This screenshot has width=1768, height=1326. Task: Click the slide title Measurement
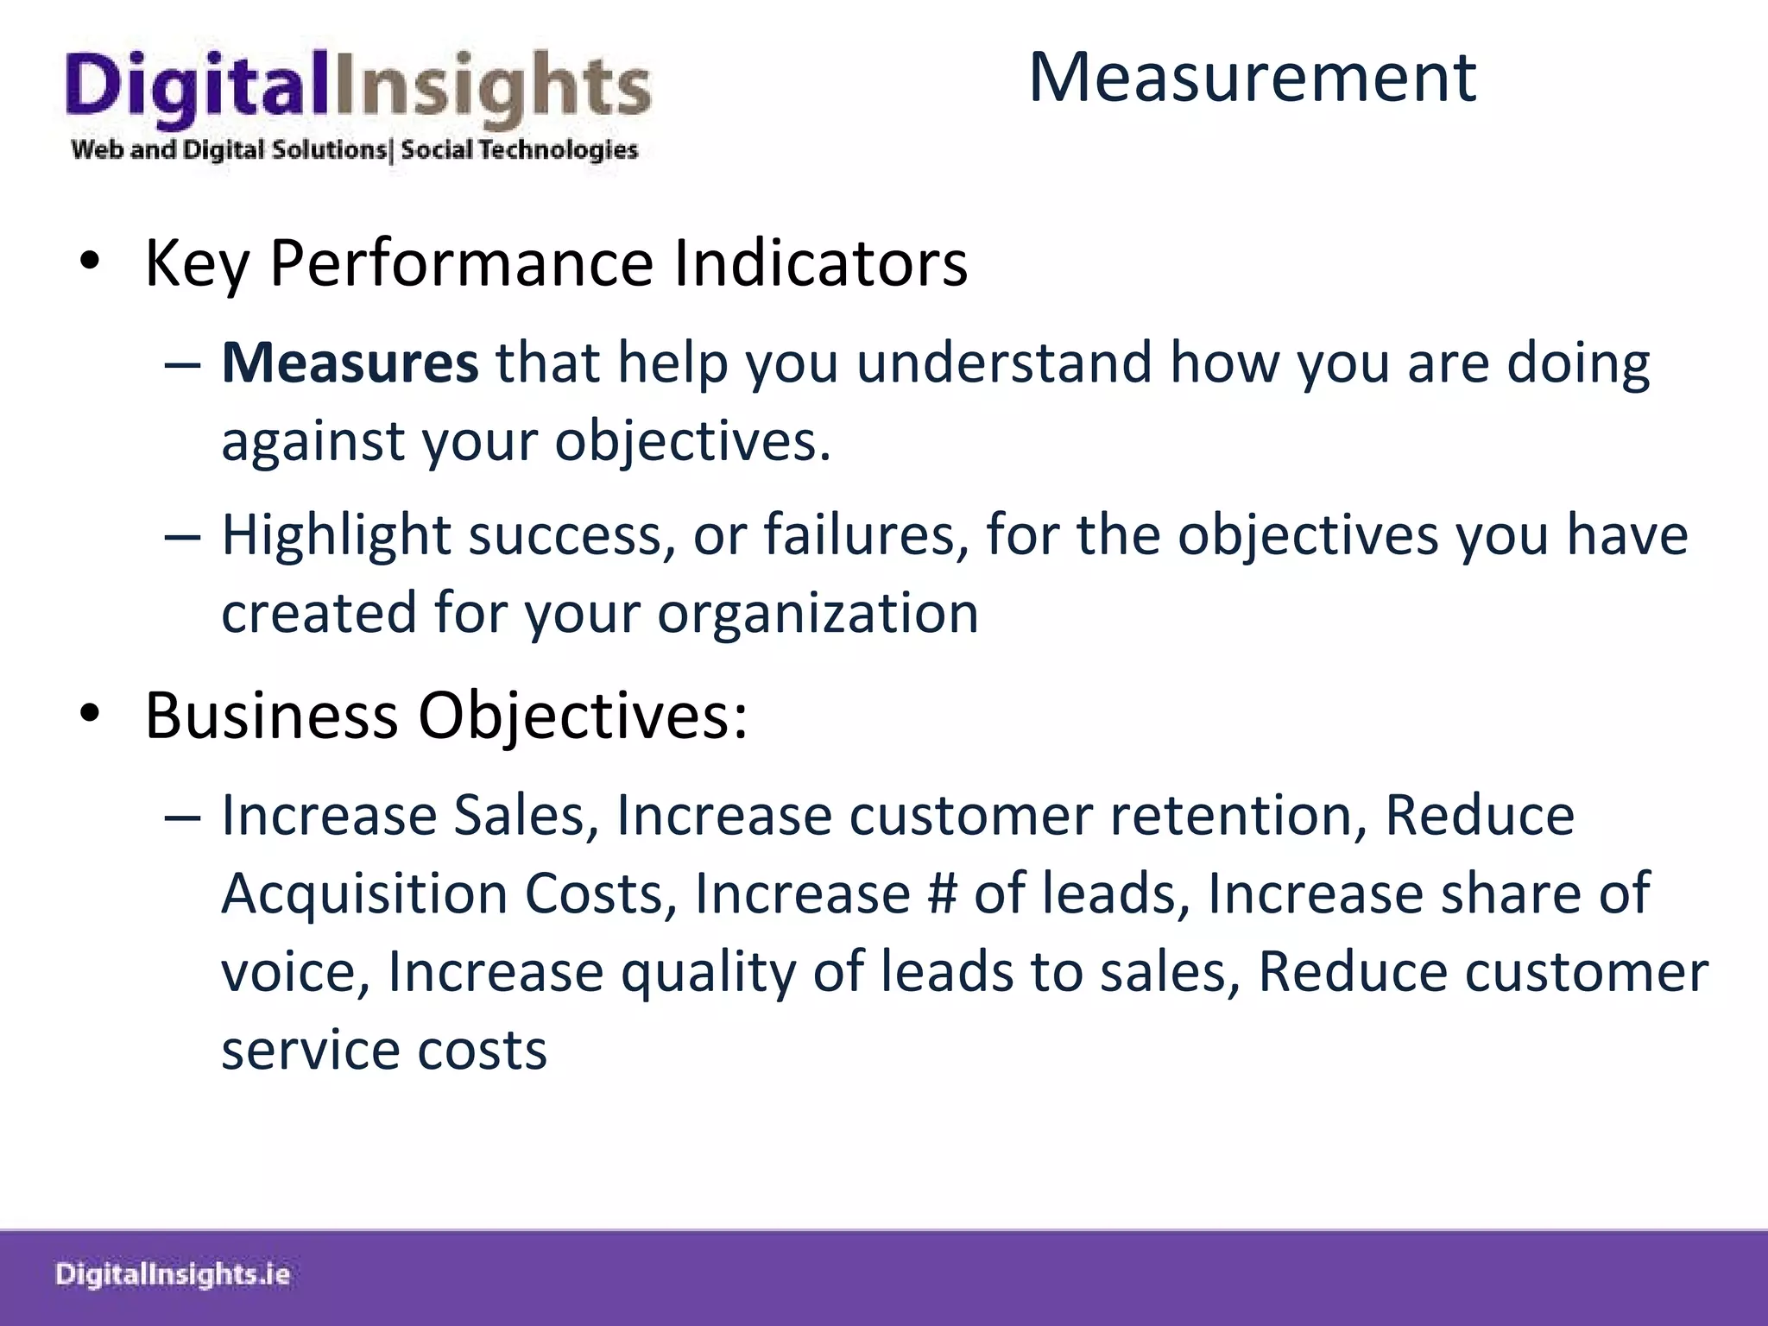[1252, 78]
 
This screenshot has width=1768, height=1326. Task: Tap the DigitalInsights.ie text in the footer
[173, 1275]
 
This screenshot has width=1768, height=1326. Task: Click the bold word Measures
[350, 363]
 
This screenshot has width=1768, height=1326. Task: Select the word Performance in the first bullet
[461, 263]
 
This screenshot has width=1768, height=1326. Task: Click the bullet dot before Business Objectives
[90, 714]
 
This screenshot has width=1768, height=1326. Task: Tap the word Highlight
[336, 536]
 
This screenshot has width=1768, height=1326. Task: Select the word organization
[818, 614]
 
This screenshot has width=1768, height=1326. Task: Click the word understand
[1004, 363]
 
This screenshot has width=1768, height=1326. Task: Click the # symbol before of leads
[942, 893]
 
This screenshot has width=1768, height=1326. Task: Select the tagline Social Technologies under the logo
[519, 150]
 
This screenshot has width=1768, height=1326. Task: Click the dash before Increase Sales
[182, 816]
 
